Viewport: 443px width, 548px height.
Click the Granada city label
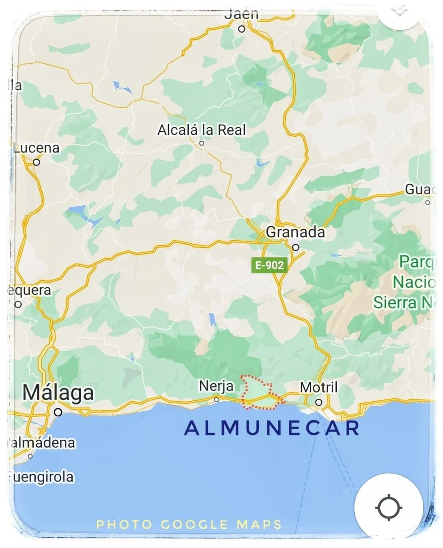pyautogui.click(x=295, y=232)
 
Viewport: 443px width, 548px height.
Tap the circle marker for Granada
pyautogui.click(x=296, y=247)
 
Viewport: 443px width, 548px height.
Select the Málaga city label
pyautogui.click(x=58, y=393)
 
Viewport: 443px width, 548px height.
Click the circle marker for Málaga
pyautogui.click(x=58, y=412)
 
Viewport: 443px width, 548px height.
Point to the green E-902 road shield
pyautogui.click(x=269, y=265)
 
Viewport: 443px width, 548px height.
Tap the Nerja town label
pyautogui.click(x=216, y=386)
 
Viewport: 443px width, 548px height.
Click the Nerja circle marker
pyautogui.click(x=216, y=399)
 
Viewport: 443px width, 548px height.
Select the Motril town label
pyautogui.click(x=319, y=387)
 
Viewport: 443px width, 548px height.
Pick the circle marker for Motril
pyautogui.click(x=319, y=402)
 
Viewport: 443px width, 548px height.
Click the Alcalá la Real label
pyautogui.click(x=201, y=130)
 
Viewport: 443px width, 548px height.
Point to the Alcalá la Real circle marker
pyautogui.click(x=201, y=143)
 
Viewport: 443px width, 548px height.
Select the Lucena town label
pyautogui.click(x=37, y=148)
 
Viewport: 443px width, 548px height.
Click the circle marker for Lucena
pyautogui.click(x=37, y=162)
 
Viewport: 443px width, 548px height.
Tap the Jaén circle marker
pyautogui.click(x=242, y=29)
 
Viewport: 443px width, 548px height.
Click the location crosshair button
pyautogui.click(x=388, y=507)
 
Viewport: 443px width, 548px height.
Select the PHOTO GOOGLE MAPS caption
pyautogui.click(x=189, y=525)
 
